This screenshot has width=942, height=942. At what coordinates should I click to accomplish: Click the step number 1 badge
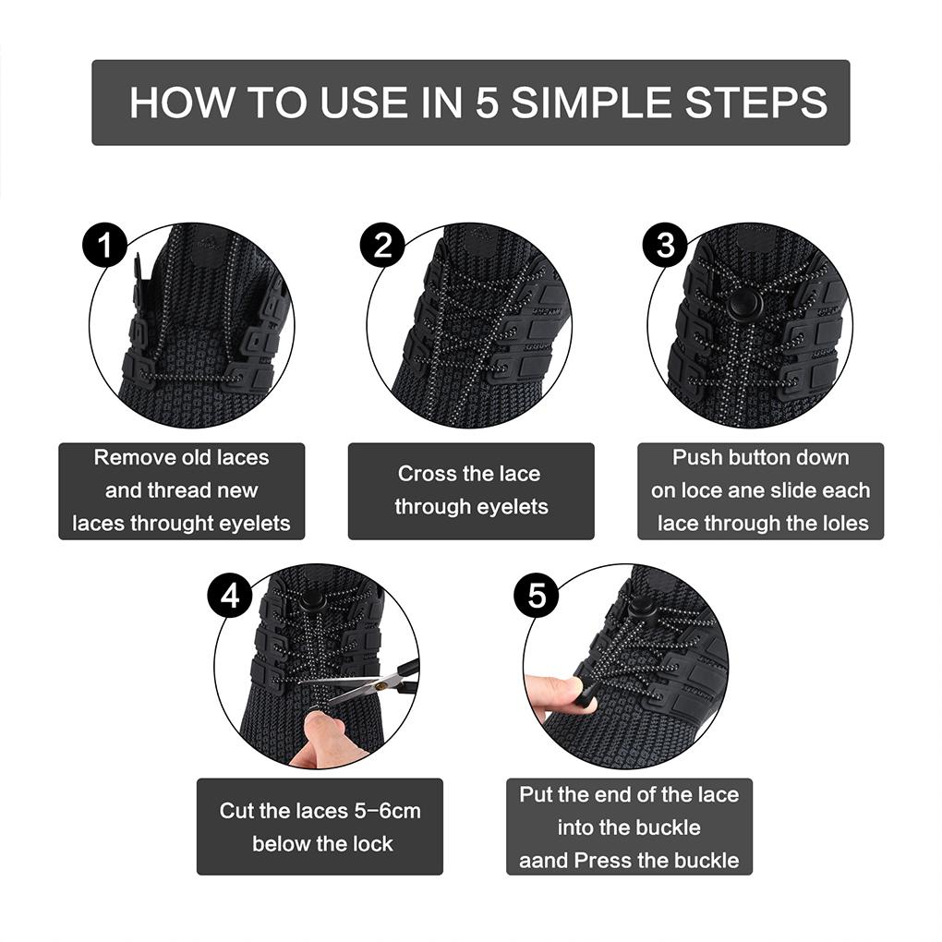105,247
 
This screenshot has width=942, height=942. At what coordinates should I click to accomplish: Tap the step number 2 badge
382,247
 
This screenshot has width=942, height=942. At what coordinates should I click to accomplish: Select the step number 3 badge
665,247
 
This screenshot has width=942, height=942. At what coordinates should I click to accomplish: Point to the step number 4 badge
229,596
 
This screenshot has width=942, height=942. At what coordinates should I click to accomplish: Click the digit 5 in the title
487,103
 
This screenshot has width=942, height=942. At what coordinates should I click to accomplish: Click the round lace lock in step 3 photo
739,305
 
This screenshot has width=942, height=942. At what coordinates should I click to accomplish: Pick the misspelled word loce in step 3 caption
701,490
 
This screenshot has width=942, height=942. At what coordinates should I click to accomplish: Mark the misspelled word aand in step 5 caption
543,861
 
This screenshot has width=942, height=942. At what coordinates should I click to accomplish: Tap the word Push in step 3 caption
697,457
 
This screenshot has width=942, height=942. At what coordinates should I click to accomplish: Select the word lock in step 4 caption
372,844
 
